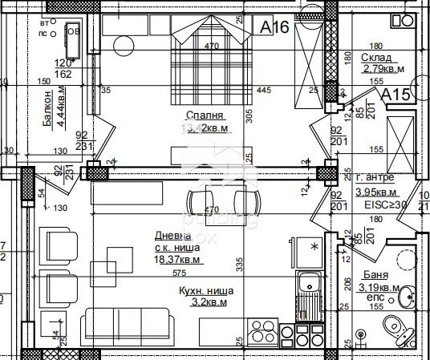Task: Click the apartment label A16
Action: [275, 26]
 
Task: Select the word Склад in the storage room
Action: [376, 57]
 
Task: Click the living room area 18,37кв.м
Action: [178, 259]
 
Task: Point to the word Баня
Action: [371, 273]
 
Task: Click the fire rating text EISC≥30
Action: [387, 204]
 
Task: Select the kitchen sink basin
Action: [306, 282]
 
